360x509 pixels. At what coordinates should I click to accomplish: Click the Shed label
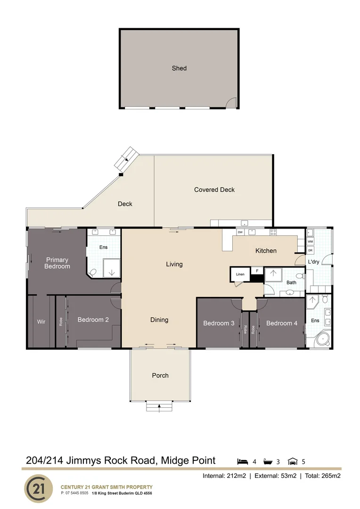(x=179, y=68)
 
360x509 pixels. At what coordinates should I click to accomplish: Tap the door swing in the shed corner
(x=231, y=103)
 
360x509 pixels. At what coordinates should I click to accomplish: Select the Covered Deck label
(x=214, y=190)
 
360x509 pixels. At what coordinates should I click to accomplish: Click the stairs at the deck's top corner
(x=127, y=159)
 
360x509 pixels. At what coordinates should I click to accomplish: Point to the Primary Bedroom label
(x=57, y=263)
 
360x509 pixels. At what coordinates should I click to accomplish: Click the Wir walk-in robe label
(x=41, y=322)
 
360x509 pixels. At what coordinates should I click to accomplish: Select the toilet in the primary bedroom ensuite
(x=93, y=272)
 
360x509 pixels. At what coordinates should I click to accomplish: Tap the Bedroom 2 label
(x=93, y=320)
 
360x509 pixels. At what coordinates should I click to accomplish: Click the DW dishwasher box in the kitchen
(x=240, y=232)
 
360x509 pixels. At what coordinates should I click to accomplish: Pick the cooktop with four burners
(x=273, y=232)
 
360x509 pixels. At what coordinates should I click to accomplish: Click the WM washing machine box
(x=310, y=241)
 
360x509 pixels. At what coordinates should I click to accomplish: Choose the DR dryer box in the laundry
(x=310, y=250)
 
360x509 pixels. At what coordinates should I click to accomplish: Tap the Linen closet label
(x=240, y=274)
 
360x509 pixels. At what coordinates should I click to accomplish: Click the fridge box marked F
(x=257, y=271)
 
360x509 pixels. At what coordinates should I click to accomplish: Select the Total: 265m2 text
(x=323, y=476)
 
